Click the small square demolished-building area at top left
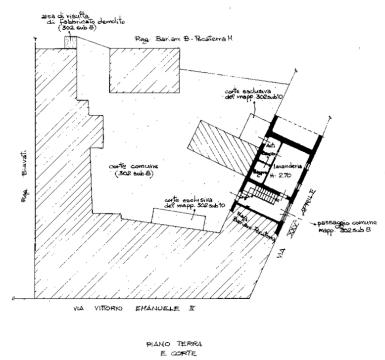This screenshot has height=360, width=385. (69, 42)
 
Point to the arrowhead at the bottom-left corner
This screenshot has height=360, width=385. (17, 297)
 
